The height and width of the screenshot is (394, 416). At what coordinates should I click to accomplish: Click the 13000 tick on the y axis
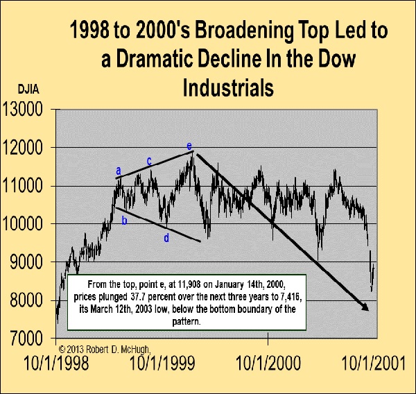25,110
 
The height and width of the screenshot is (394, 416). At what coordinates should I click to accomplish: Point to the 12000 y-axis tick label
25,148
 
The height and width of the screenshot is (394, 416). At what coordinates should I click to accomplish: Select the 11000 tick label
25,187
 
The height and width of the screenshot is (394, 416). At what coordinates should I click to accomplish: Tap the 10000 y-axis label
25,225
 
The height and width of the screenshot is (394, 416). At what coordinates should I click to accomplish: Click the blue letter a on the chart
119,170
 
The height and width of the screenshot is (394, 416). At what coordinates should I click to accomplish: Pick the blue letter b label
124,221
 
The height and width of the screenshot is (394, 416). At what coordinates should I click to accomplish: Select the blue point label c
149,161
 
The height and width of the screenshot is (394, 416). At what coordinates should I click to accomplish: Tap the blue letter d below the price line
166,238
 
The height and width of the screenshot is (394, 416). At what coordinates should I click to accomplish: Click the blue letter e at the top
189,146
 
